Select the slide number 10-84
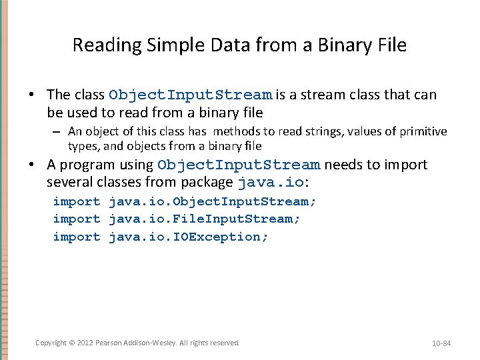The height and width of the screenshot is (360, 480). (x=442, y=343)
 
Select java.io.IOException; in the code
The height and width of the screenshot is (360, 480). (x=189, y=237)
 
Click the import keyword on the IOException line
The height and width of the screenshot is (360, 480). (x=77, y=237)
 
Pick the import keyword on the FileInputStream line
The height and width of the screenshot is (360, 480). (x=77, y=219)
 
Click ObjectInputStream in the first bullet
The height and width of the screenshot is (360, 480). (x=190, y=95)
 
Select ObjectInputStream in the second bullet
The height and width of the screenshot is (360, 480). (x=239, y=165)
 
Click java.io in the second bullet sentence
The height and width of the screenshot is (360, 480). (x=270, y=182)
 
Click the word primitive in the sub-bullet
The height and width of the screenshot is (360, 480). (x=423, y=131)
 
